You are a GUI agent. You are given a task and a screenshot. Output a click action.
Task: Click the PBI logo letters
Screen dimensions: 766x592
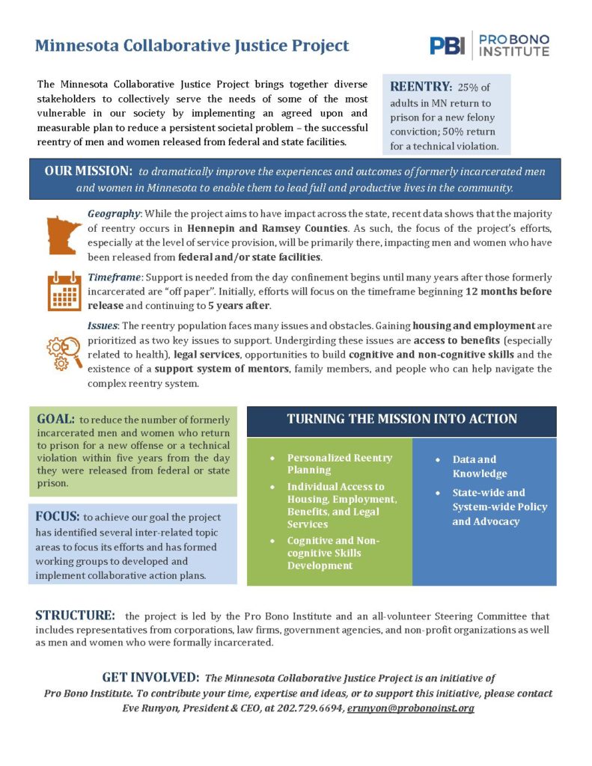447,46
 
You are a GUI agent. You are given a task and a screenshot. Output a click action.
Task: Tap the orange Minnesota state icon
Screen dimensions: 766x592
64,233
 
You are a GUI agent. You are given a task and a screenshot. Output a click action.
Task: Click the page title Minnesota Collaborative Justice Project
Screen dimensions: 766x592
192,46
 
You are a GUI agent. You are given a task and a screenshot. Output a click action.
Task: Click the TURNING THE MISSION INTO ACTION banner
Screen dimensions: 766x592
402,419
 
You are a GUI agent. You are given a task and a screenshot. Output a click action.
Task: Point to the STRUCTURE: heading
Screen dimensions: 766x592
76,616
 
